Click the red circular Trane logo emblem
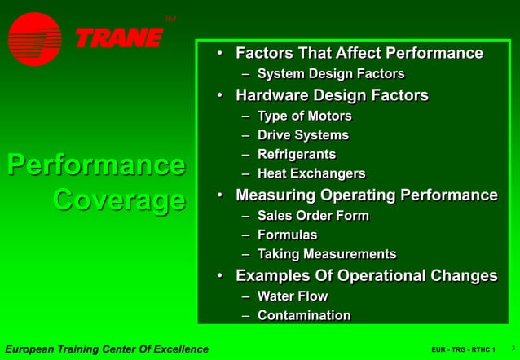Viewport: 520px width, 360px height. (35, 39)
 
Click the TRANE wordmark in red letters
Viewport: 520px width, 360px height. (119, 38)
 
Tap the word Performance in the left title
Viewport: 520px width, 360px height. (95, 164)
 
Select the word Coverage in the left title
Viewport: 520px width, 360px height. (119, 200)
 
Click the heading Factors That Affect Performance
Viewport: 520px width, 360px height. (359, 54)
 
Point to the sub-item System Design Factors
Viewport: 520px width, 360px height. (330, 74)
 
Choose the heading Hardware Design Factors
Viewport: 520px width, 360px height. (332, 95)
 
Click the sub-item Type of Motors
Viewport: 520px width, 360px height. (304, 116)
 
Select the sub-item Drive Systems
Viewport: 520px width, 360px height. (302, 135)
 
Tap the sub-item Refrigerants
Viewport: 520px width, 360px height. (296, 154)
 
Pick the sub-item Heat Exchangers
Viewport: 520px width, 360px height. (311, 173)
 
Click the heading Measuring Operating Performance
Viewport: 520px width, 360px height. (366, 195)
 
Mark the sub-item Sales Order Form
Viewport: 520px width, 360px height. (313, 216)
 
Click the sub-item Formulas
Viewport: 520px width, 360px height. (287, 235)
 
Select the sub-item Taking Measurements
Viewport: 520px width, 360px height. (326, 254)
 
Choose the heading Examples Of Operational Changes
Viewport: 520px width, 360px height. (366, 275)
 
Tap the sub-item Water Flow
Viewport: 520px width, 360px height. (293, 296)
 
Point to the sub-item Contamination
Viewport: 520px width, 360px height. (304, 315)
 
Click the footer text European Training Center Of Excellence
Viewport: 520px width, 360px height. (107, 349)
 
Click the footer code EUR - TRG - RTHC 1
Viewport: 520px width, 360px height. (463, 350)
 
